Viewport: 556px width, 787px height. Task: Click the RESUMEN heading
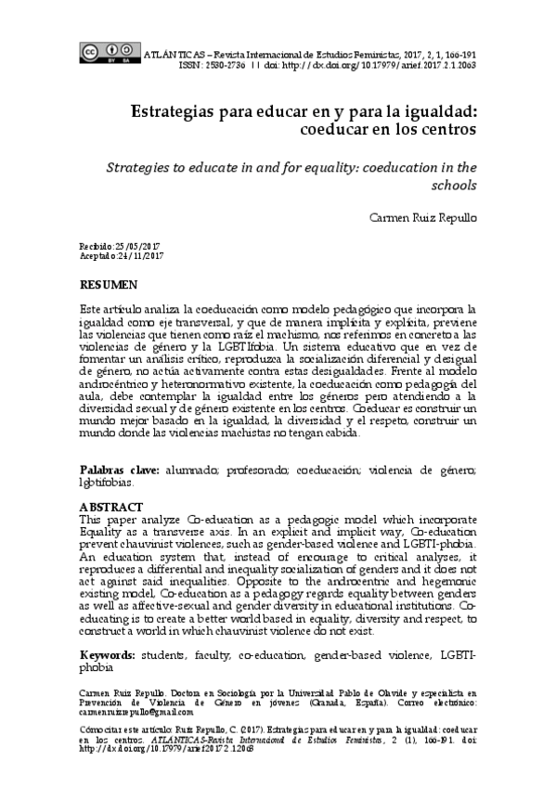[110, 282]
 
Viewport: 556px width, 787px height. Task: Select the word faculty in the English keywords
[209, 654]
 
